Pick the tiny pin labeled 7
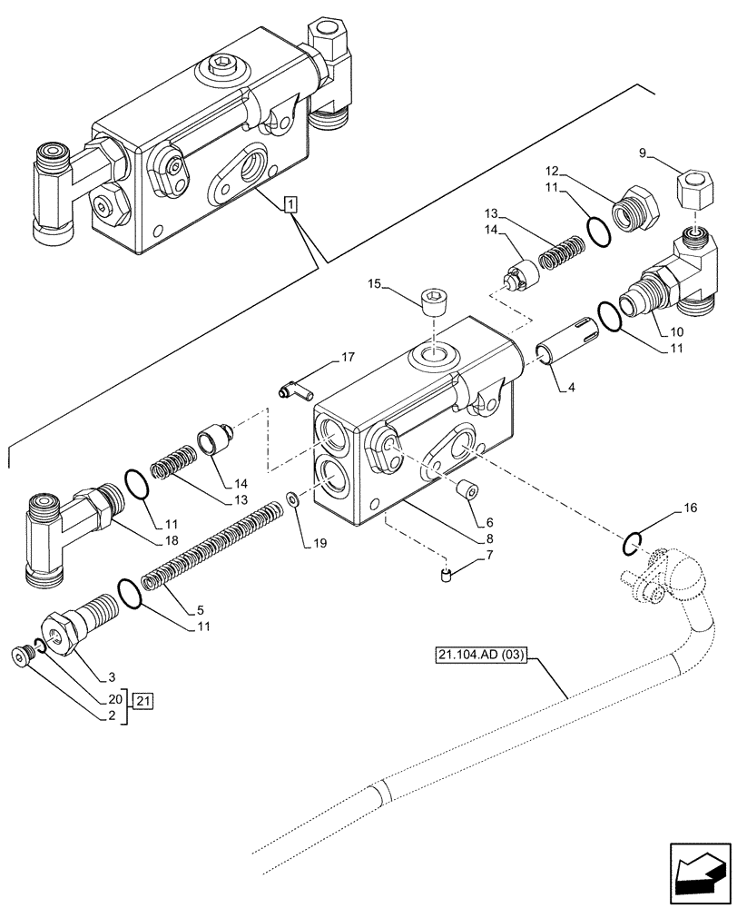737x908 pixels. click(x=445, y=574)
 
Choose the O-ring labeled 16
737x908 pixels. click(x=634, y=543)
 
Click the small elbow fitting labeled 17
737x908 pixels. click(x=292, y=391)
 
